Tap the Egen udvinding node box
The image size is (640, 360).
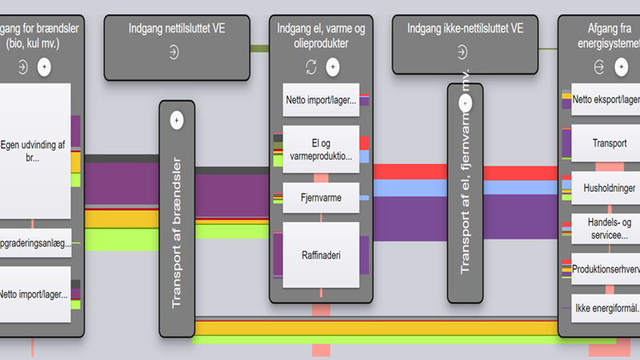point(36,150)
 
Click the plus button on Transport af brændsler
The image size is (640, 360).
point(177,120)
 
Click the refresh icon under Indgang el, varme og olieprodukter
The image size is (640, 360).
point(311,66)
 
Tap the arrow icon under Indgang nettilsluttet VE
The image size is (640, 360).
point(174,53)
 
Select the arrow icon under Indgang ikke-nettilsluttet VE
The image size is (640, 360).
point(462,53)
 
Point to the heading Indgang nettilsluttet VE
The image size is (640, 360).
point(174,30)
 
